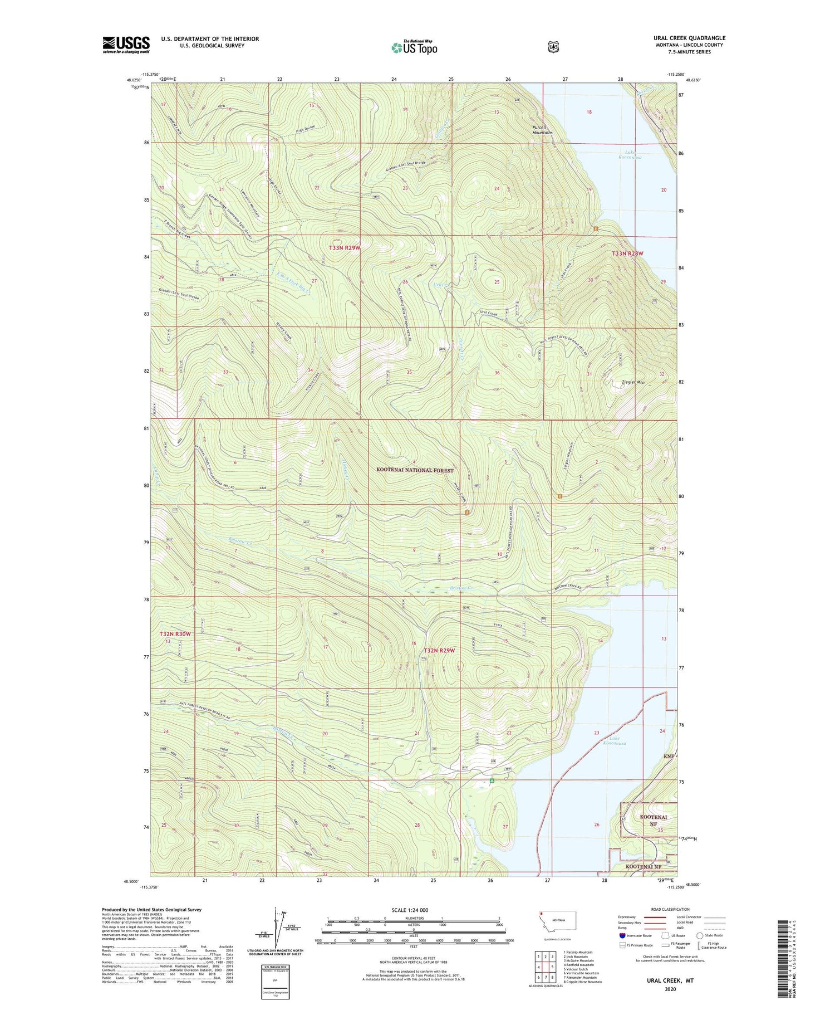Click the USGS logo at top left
coord(126,45)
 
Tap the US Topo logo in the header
coord(414,47)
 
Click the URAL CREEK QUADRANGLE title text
coord(689,38)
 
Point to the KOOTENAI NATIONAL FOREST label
coord(415,470)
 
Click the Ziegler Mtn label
coord(633,382)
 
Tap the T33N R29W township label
coord(345,247)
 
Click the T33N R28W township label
coord(627,253)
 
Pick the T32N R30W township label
coord(175,634)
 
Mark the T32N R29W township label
coord(439,650)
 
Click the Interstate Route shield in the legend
coord(622,935)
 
